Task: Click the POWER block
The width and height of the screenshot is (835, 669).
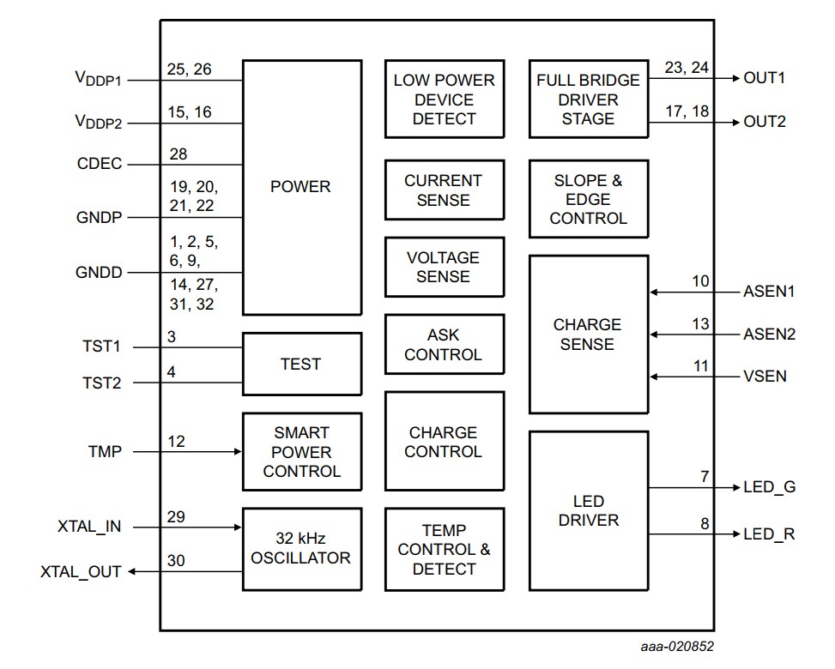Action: point(300,187)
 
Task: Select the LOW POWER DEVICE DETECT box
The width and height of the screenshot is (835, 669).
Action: point(444,99)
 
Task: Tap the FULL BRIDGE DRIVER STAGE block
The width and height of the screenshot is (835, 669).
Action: point(588,99)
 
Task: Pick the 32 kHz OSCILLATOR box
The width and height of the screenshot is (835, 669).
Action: point(300,549)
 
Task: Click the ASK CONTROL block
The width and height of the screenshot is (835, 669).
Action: point(444,344)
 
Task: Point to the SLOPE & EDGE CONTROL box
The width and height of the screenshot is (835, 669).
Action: point(588,199)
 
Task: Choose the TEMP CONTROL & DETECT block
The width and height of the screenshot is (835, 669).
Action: point(444,549)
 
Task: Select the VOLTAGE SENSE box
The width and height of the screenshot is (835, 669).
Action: point(444,267)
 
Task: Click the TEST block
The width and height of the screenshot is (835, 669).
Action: point(300,364)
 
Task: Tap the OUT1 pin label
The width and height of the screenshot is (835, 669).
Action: point(765,78)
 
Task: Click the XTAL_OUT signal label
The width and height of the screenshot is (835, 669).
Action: point(81,570)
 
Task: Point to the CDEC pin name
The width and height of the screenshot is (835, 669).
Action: point(99,164)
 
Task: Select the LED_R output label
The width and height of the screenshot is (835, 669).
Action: point(769,534)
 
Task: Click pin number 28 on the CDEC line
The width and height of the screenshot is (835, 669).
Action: point(178,154)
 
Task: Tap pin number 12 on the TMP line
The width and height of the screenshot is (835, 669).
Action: point(176,441)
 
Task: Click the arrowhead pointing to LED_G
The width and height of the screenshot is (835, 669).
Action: point(735,488)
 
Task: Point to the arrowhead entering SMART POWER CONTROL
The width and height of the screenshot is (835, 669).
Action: point(238,451)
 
